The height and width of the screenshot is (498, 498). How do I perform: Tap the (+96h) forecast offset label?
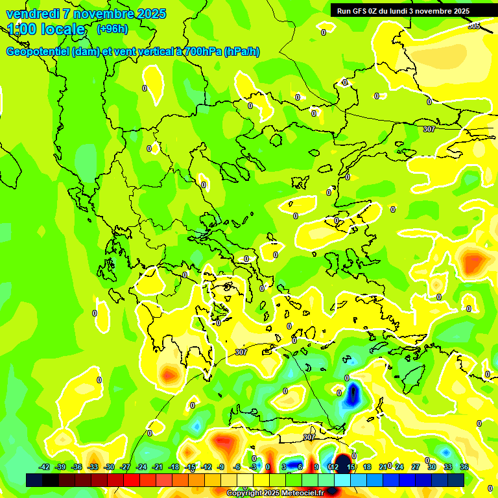click(112, 29)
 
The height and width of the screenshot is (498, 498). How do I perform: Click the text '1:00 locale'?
click(46, 29)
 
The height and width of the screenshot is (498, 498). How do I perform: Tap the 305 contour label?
click(474, 26)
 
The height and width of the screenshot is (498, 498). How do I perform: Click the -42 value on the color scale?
click(44, 467)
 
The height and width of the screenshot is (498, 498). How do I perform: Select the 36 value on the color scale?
click(464, 467)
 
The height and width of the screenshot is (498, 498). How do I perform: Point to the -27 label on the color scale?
click(125, 467)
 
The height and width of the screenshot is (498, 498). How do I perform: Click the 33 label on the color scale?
click(448, 467)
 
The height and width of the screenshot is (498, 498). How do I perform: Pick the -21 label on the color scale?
click(158, 467)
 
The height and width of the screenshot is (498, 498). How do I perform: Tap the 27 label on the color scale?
click(416, 467)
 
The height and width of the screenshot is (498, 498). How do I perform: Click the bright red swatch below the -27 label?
click(132, 480)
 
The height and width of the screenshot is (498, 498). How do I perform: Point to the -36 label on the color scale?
click(77, 467)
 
